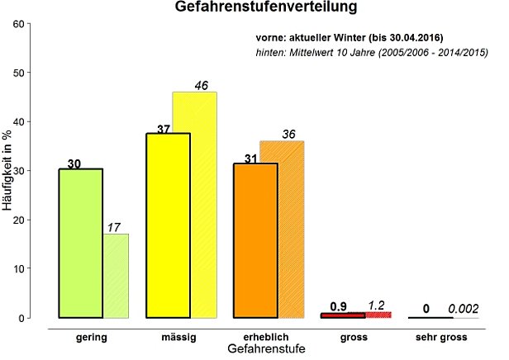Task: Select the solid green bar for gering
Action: [80, 244]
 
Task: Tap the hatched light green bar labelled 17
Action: [116, 276]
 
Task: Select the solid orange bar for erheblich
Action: [255, 240]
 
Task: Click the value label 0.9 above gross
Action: [338, 306]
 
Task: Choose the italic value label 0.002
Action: [464, 309]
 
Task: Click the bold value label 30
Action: [74, 163]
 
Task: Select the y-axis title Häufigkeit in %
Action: [7, 172]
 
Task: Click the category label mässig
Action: [178, 337]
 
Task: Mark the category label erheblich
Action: [266, 337]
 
